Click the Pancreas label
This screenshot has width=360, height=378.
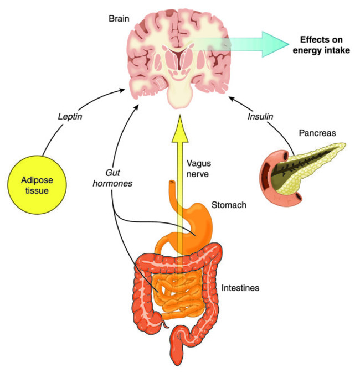point(317,133)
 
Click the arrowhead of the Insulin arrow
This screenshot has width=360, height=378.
point(233,99)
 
